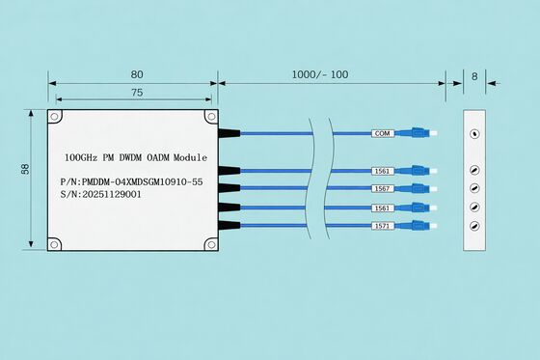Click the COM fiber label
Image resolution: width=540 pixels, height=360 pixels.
coord(383,133)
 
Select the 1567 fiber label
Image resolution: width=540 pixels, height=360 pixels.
coord(383,188)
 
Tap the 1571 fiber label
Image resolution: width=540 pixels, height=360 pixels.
coord(383,226)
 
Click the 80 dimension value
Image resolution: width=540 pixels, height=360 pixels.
coord(137,74)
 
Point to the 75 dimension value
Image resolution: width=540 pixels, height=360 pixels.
coord(137,93)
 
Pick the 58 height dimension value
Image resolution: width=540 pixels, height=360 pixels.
coord(25,169)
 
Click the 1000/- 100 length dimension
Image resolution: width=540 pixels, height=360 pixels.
coord(320,74)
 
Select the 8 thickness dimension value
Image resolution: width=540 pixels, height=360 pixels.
coord(474,76)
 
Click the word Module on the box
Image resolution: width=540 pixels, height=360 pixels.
coord(191,157)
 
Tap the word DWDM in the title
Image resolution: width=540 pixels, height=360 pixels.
coord(130,157)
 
